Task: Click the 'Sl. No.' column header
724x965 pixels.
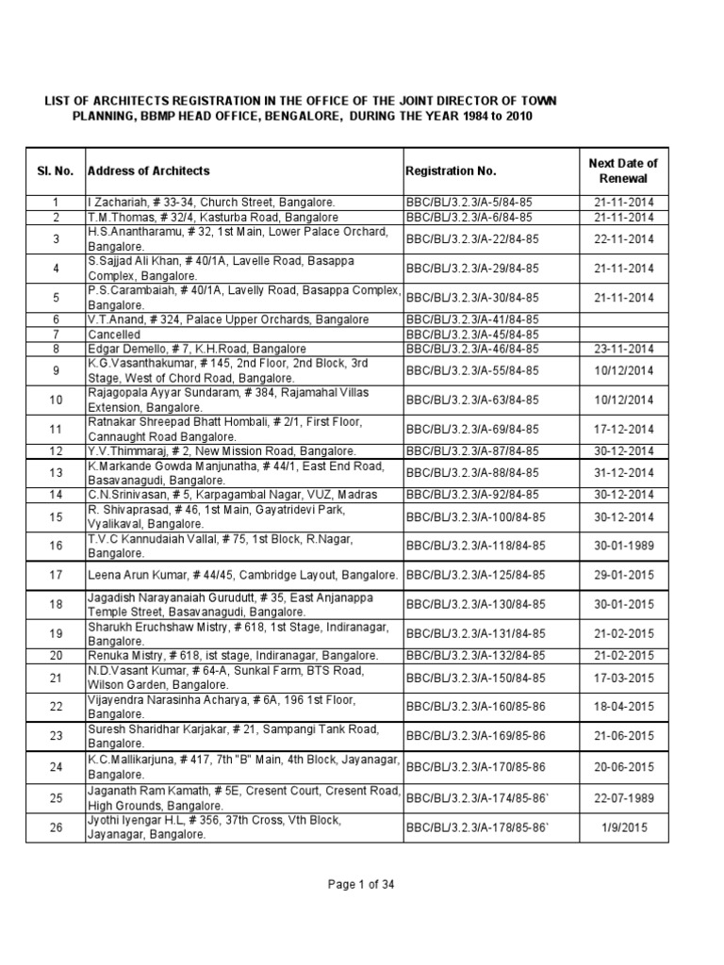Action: click(x=55, y=171)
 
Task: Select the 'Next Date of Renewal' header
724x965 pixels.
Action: click(x=622, y=171)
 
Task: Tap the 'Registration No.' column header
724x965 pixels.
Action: click(x=451, y=171)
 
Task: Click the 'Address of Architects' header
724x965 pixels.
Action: click(x=149, y=171)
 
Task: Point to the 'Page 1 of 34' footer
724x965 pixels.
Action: click(x=361, y=883)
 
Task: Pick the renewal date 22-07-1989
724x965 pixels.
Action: click(x=622, y=798)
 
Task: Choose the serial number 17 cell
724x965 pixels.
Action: click(x=56, y=575)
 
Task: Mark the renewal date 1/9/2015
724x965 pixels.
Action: click(x=622, y=827)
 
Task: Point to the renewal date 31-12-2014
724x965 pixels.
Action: click(x=622, y=473)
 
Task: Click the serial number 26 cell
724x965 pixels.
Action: click(x=56, y=827)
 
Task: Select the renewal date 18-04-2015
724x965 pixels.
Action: click(x=622, y=706)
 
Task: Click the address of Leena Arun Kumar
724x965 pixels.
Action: click(x=243, y=575)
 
